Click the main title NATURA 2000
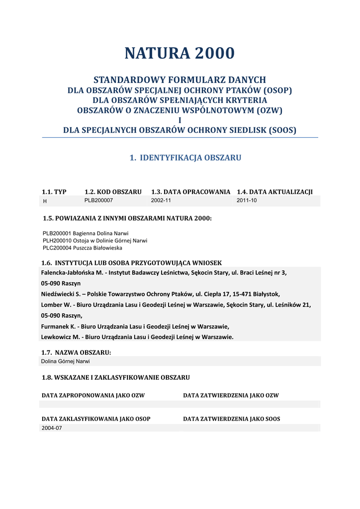point(180,53)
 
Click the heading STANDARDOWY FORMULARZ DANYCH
point(180,80)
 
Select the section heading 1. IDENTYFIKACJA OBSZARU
point(185,158)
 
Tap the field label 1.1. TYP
point(54,192)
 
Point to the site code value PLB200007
point(98,200)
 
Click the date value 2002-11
point(161,200)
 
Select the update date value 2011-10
point(247,200)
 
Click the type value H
point(45,201)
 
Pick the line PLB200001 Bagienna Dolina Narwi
point(86,233)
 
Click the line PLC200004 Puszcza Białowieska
point(82,248)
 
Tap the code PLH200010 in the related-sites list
point(57,240)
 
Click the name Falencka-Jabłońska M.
point(72,272)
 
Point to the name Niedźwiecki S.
point(64,294)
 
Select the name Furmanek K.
point(58,326)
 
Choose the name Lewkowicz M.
point(60,337)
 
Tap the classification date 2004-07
point(51,428)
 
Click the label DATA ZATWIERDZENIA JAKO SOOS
point(231,419)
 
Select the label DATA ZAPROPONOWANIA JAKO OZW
point(93,396)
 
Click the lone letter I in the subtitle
point(180,120)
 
